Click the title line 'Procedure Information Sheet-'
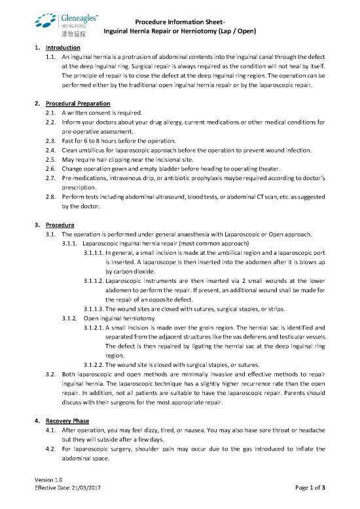[x=180, y=22]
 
